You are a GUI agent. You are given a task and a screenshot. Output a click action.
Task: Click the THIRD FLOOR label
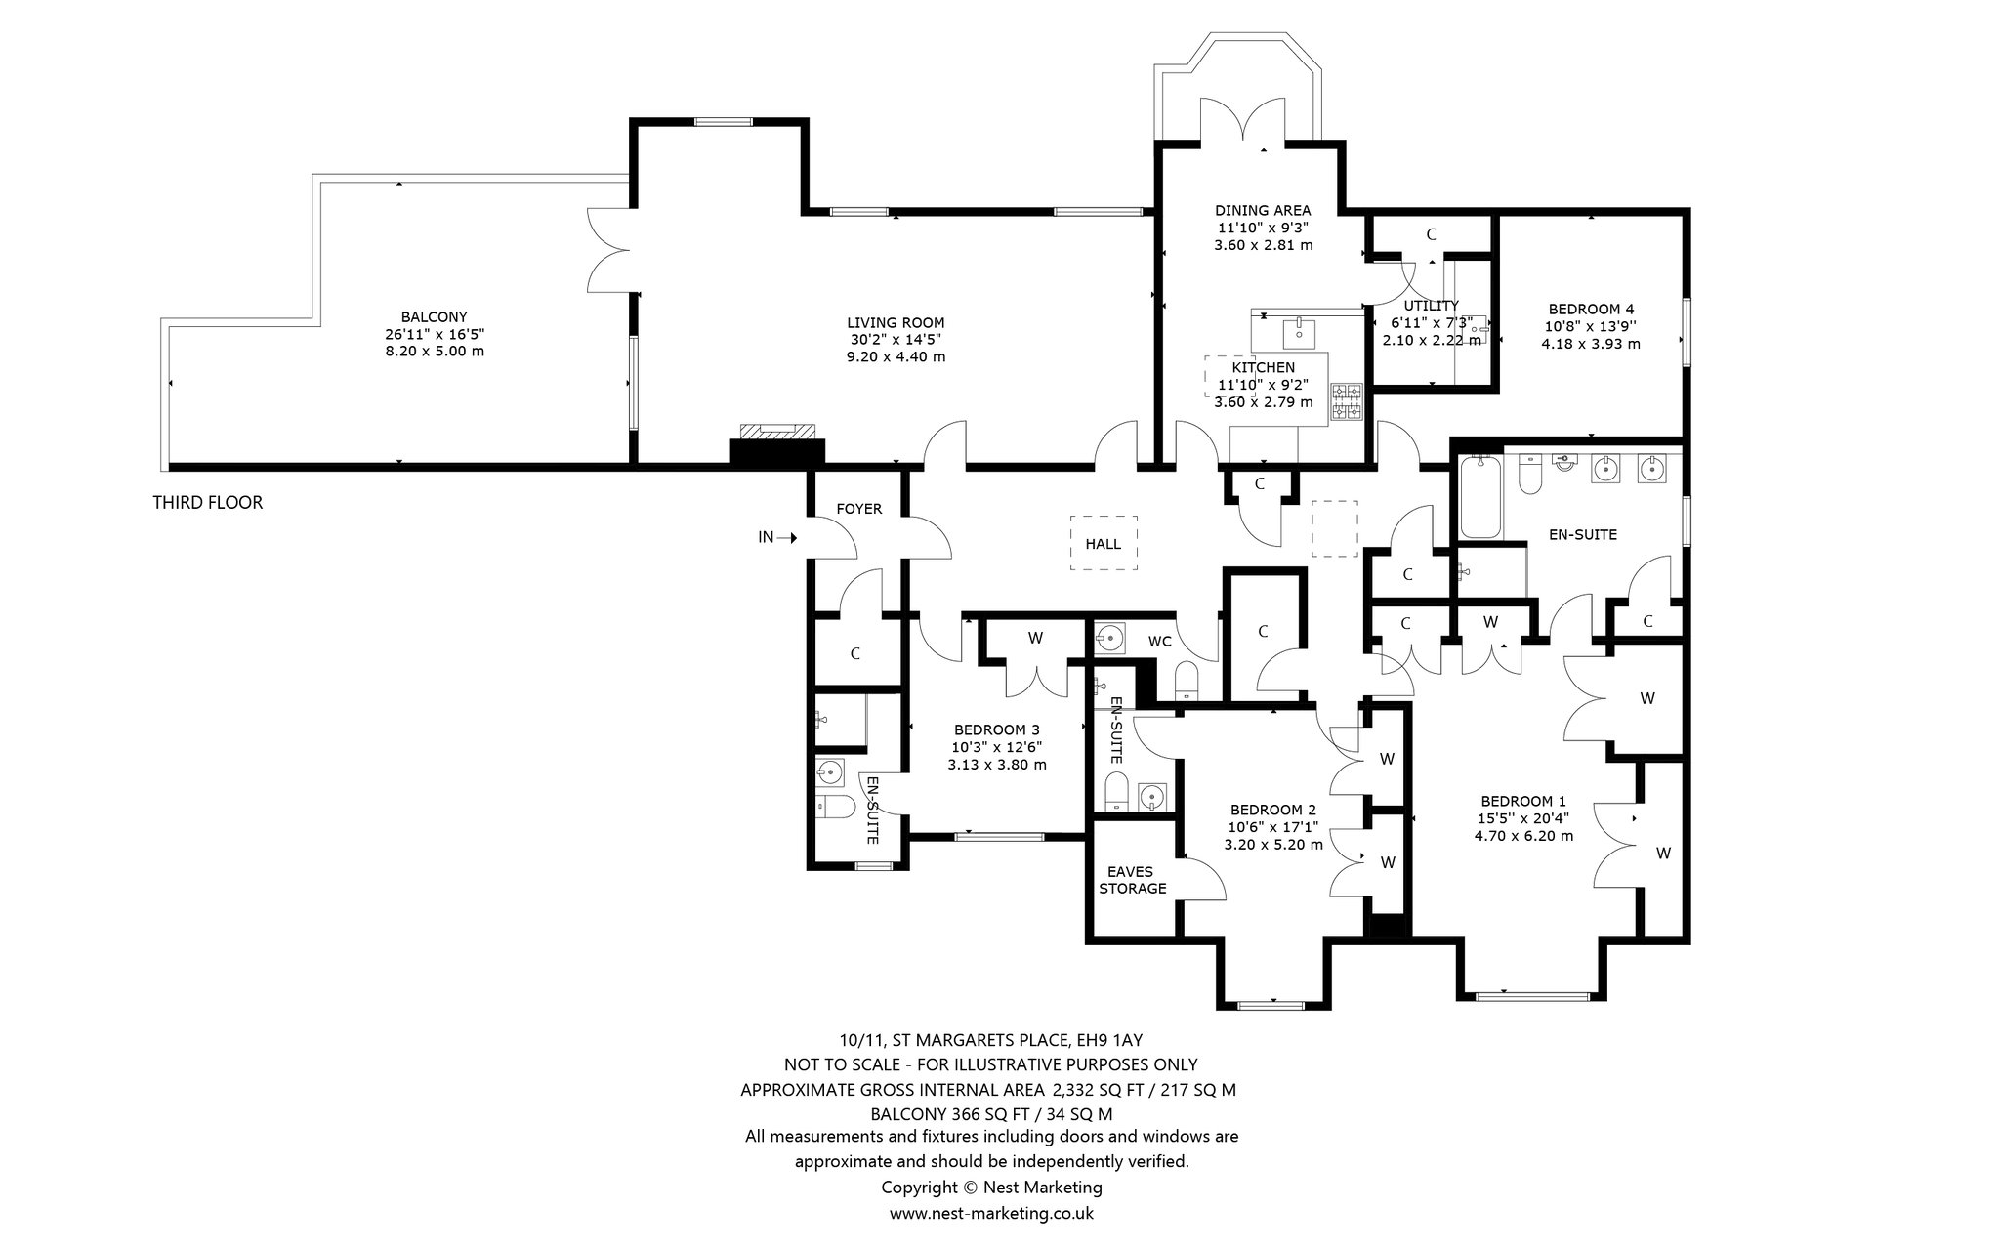[207, 503]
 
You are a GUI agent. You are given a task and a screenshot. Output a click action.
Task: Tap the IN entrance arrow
[787, 537]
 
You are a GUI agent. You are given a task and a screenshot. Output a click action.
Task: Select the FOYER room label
[859, 509]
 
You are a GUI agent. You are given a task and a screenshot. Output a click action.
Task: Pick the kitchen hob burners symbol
[1349, 402]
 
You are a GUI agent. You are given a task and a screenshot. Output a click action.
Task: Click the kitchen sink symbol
[1300, 332]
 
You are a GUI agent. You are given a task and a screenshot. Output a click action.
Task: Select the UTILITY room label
[1432, 306]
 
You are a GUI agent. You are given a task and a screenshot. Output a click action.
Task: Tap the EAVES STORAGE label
[1133, 880]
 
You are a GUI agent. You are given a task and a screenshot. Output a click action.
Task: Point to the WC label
[1160, 642]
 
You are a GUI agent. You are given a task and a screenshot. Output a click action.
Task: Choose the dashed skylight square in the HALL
[1104, 543]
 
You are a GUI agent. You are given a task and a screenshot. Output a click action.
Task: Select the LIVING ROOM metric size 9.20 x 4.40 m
[896, 356]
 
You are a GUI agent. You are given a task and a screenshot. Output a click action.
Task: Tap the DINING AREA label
[1263, 210]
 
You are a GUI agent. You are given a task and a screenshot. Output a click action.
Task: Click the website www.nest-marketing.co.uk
[991, 1213]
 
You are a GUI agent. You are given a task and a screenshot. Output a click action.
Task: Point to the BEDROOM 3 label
[997, 729]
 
